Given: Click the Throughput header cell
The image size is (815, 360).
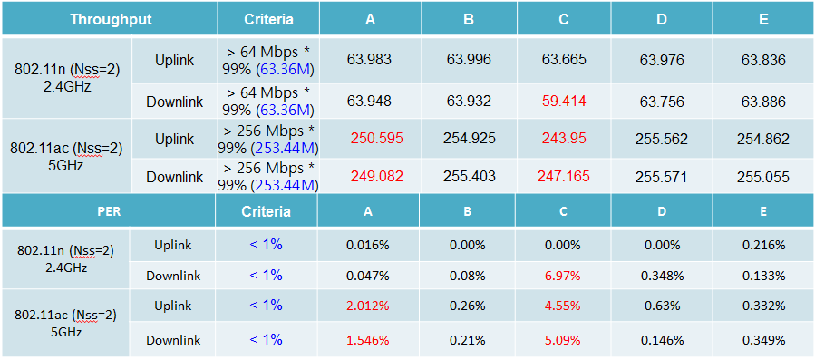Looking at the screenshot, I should click(111, 19).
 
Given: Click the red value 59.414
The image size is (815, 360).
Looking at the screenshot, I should click(565, 102).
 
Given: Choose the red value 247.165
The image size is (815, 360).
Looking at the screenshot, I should click(565, 178).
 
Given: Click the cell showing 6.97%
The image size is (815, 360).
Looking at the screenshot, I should click(565, 276).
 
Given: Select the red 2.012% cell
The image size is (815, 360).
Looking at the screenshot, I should click(368, 306).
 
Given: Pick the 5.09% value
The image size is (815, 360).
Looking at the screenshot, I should click(565, 340).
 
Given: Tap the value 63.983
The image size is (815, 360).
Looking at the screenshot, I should click(369, 60).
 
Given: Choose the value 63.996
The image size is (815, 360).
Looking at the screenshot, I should click(469, 60).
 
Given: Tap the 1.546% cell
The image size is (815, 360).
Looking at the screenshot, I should click(368, 340).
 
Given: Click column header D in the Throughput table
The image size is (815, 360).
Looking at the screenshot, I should click(662, 19).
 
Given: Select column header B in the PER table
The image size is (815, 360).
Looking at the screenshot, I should click(469, 211).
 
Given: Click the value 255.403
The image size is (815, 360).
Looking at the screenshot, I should click(469, 178).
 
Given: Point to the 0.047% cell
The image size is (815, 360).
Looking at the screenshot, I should click(368, 276).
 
